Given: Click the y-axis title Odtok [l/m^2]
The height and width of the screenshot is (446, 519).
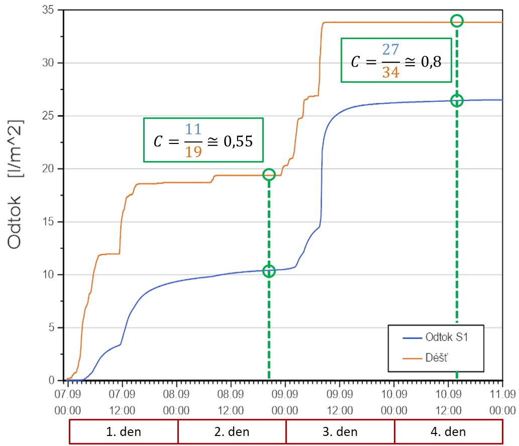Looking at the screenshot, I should coord(18,184).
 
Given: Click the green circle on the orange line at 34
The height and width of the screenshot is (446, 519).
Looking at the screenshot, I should coord(457,21).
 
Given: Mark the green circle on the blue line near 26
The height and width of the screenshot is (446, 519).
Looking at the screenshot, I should coord(457,101).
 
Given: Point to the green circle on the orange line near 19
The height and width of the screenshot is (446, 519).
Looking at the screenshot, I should coord(269,175).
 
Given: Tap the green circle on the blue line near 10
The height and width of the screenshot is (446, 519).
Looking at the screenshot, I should coord(269,271).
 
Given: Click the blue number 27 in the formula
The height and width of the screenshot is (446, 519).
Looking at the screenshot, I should coord(390,51).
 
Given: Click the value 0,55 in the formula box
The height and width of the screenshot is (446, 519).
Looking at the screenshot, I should coord(238,141).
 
